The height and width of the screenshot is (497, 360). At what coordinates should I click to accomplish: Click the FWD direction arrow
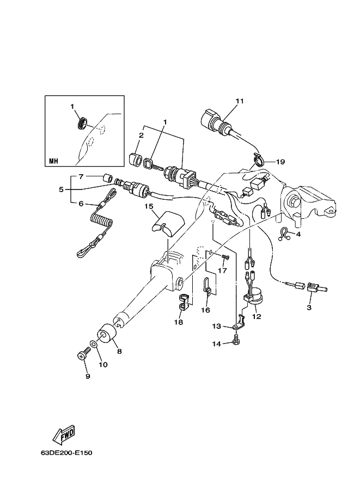tap(64, 434)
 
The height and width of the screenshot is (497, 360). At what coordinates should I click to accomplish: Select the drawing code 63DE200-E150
tap(66, 452)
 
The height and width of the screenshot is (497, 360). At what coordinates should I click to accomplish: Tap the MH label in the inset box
tap(53, 161)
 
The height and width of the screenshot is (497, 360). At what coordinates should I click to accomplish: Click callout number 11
tap(240, 101)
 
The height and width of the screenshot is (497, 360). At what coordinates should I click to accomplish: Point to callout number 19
tap(280, 162)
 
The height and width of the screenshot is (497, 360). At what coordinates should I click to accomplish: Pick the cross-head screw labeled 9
tap(82, 356)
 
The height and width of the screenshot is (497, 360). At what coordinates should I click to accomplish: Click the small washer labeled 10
tap(93, 343)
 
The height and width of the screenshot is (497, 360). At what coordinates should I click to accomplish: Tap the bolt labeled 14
tap(236, 340)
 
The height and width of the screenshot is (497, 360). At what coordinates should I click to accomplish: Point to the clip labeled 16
tap(206, 286)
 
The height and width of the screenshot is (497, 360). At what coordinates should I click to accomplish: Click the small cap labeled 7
tap(107, 178)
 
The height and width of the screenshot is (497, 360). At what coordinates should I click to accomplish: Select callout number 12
tap(257, 316)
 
